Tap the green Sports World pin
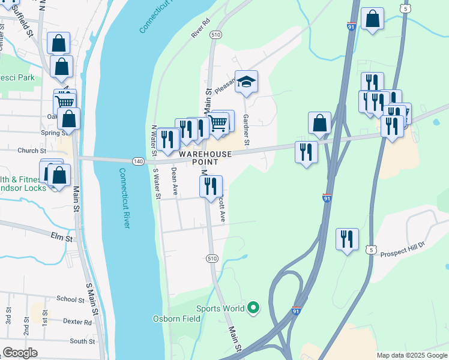(253, 308)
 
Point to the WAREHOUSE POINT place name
(204, 158)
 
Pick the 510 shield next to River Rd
(216, 35)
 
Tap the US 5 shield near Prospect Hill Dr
(372, 250)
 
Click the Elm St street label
(62, 238)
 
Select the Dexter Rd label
(79, 322)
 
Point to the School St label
(70, 299)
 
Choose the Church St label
(32, 151)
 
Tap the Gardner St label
(246, 131)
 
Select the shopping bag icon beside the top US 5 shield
(372, 19)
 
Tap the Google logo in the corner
(20, 353)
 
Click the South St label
(79, 341)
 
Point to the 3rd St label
(9, 314)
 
